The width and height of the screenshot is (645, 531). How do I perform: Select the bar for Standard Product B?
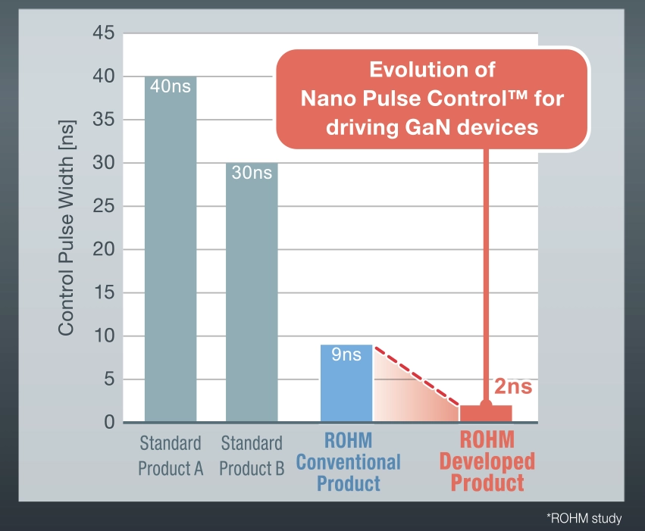[x=252, y=295]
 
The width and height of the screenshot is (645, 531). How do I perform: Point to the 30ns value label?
[x=252, y=173]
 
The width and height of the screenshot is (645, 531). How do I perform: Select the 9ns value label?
[x=346, y=355]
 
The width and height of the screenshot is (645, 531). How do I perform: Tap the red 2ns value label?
[x=513, y=387]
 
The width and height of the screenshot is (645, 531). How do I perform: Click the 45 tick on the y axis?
[x=103, y=34]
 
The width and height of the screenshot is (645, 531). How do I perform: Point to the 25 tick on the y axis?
[x=103, y=207]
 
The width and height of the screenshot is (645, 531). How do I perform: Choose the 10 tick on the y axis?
[x=103, y=336]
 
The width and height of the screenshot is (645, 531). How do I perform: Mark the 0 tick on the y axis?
[x=108, y=423]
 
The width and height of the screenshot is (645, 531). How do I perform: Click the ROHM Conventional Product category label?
[x=348, y=461]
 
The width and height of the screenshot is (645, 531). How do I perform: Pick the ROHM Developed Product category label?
[x=487, y=461]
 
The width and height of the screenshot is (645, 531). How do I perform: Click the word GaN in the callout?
[x=413, y=127]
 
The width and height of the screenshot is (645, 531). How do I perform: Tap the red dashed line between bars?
[x=416, y=376]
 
